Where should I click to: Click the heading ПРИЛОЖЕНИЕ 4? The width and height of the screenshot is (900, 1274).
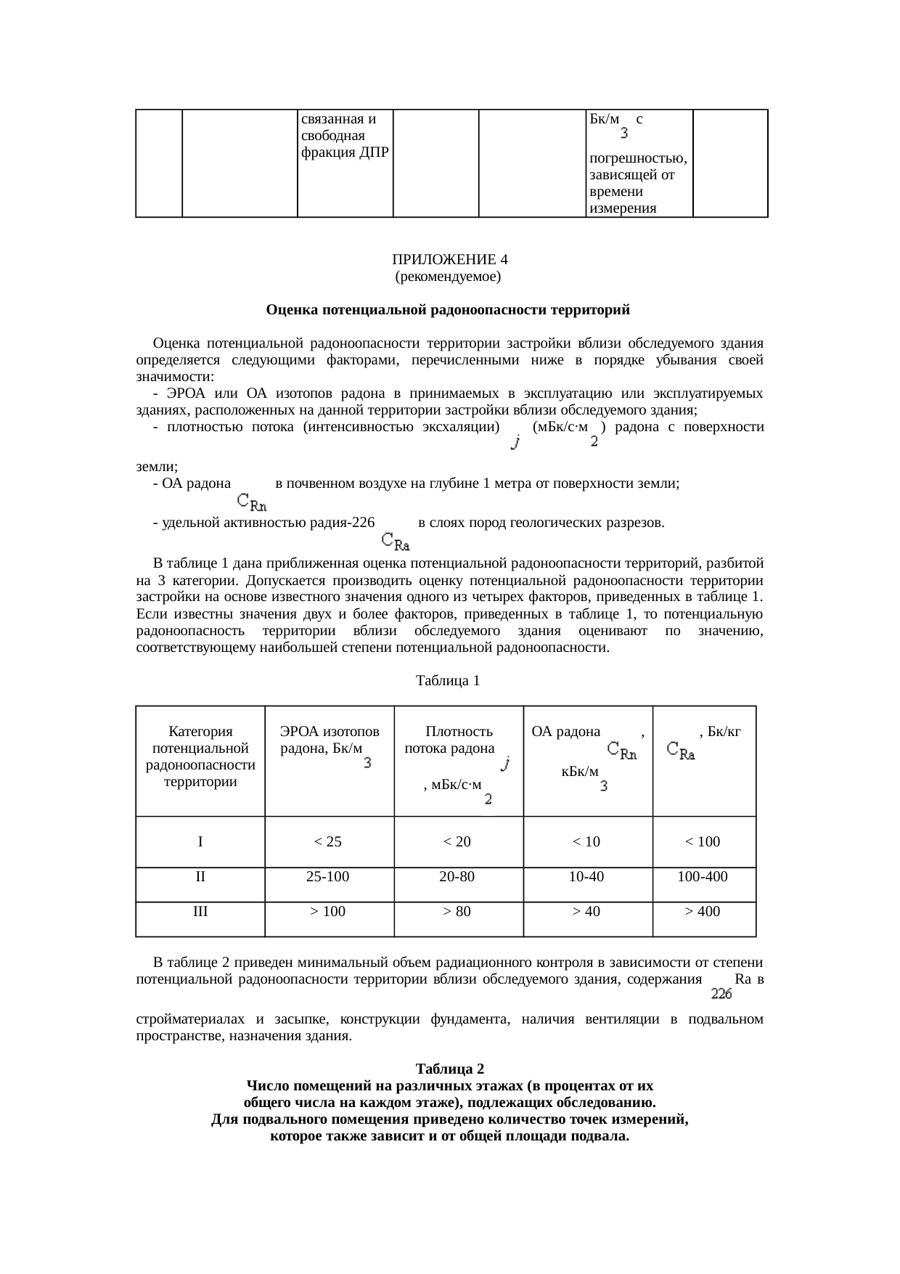click(x=449, y=260)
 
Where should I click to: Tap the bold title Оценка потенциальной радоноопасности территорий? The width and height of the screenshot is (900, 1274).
click(x=448, y=310)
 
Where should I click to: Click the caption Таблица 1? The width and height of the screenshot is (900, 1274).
click(x=447, y=681)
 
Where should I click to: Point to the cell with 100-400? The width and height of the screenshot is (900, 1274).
click(x=703, y=876)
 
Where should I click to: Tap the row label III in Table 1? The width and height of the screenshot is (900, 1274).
click(x=200, y=912)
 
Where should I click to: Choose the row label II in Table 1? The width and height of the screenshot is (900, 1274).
click(x=200, y=876)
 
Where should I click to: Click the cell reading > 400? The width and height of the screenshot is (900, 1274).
click(x=703, y=912)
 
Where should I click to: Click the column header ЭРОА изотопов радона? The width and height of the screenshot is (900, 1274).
click(x=330, y=740)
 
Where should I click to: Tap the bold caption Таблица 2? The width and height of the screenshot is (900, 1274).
click(x=449, y=1069)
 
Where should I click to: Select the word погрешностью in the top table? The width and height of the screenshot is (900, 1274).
click(x=639, y=158)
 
